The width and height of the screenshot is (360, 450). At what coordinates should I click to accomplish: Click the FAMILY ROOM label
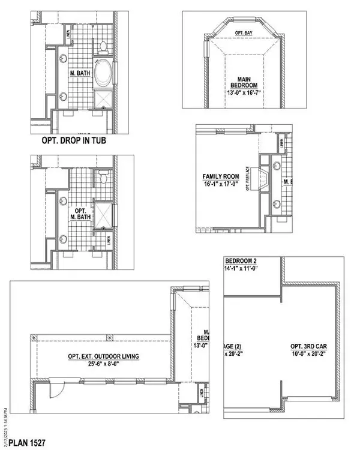pos(220,176)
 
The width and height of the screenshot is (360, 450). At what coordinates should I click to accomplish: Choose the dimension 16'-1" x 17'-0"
pos(220,185)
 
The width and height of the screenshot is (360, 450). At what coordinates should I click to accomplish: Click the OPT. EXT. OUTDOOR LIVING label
pos(103,356)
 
